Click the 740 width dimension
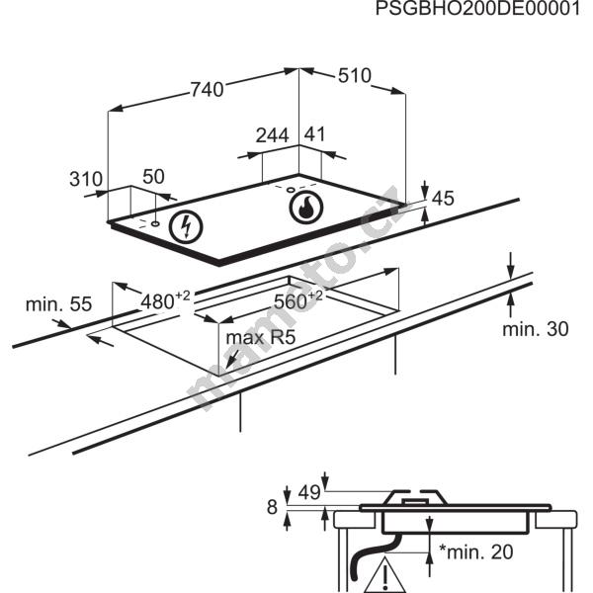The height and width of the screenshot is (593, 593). point(205,90)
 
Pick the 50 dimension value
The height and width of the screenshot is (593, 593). point(153,177)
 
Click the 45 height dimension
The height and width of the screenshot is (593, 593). point(442,199)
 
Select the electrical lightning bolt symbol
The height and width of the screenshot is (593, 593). point(185,226)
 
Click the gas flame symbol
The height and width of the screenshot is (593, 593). point(306,208)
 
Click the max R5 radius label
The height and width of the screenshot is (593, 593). point(261,338)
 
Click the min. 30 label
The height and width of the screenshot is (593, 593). point(535,329)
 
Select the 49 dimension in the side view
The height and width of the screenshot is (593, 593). point(308,491)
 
